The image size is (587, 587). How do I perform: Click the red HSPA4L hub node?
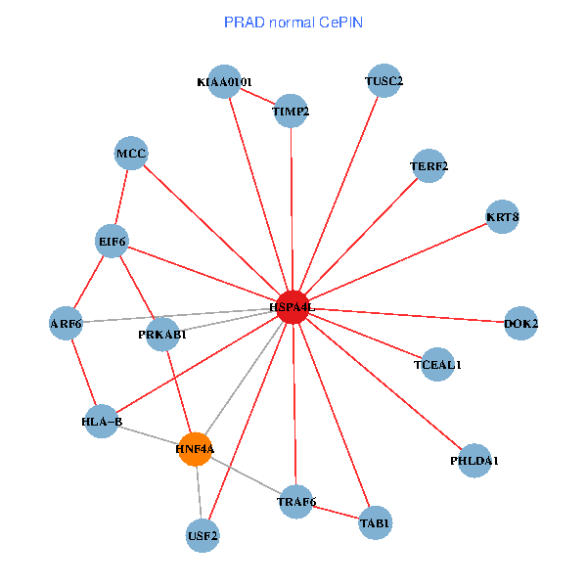coord(293,306)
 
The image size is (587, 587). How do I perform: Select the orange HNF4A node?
coord(195,448)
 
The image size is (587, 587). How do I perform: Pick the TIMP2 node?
coord(291,111)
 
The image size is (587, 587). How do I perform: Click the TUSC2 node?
coord(384,81)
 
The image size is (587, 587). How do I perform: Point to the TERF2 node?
coord(429,165)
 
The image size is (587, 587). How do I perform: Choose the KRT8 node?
coord(502,216)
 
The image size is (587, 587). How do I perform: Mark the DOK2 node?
coord(520,323)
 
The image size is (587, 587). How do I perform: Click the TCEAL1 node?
coord(437,364)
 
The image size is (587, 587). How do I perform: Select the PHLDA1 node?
coord(474,460)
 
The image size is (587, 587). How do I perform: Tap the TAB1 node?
coord(375,522)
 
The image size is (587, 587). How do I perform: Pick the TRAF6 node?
coord(296,502)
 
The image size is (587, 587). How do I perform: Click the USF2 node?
coord(203,535)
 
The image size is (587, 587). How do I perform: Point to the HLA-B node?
coord(102,422)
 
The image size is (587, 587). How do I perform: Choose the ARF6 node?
coord(66,322)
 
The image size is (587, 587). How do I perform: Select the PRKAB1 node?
coord(162,334)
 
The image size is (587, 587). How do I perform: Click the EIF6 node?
coord(113,240)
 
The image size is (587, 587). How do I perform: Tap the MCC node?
coord(131,154)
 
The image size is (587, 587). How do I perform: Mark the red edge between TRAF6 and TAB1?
coord(336,512)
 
